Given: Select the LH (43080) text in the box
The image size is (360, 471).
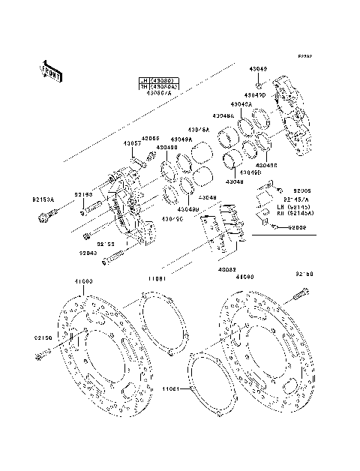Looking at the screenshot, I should [x=155, y=80].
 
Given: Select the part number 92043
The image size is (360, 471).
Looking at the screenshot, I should [x=88, y=253].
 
